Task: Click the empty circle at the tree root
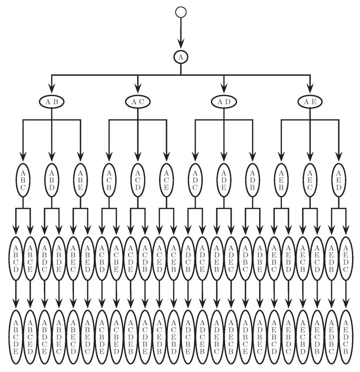coord(181,12)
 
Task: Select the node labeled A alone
coord(181,57)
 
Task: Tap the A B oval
coord(52,102)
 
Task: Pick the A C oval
coord(137,102)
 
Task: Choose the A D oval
coord(224,102)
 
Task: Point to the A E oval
coord(310,102)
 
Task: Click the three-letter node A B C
coord(23,180)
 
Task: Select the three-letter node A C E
coord(166,180)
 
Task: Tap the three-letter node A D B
coord(252,180)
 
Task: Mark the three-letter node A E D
coord(339,180)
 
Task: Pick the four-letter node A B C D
coord(16,258)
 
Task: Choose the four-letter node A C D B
coord(145,258)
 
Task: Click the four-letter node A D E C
coord(231,258)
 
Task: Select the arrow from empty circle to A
coord(181,33)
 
